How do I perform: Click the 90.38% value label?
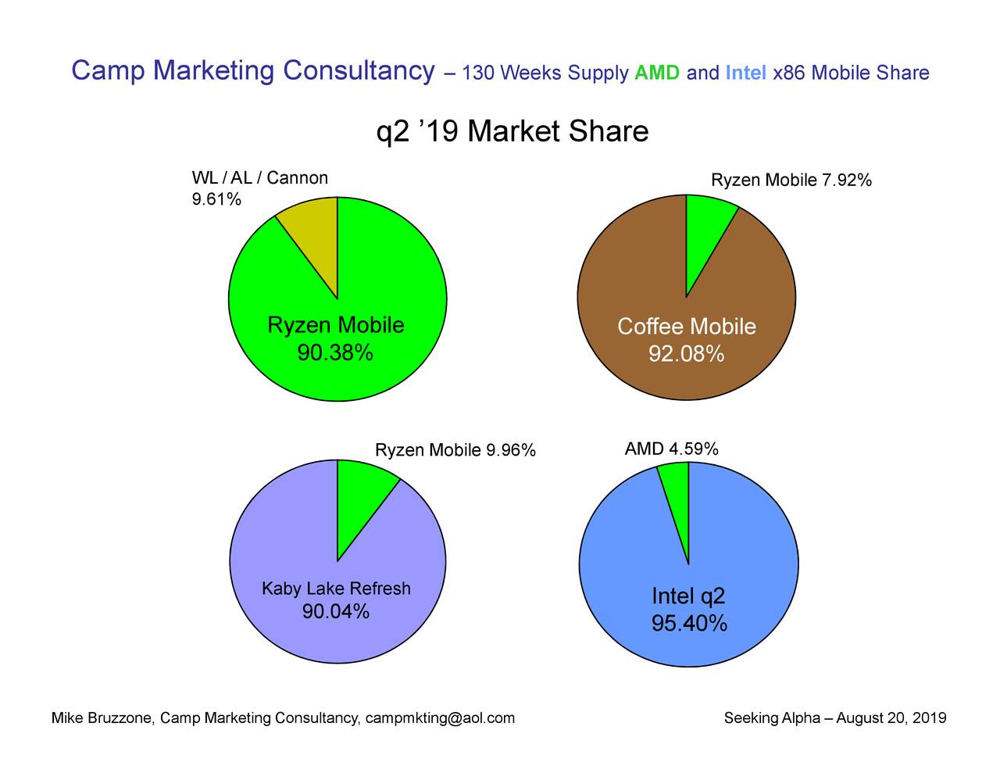coord(335,354)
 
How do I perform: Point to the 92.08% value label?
coord(686,355)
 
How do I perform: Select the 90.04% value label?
coord(336,612)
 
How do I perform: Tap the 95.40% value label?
coord(689,624)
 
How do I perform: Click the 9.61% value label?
coord(216,200)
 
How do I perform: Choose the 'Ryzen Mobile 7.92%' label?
coord(791,181)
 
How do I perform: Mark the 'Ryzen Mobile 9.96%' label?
coord(455,450)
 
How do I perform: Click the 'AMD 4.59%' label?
coord(671,449)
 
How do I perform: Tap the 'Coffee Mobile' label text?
coord(686,327)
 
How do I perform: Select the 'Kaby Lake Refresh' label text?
coord(336,589)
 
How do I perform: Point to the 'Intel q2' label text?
coord(688,597)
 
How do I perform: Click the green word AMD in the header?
coord(657,74)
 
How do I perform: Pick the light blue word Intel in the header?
coord(745,74)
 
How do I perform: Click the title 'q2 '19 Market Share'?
coord(512,131)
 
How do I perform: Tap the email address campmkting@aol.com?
coord(440,718)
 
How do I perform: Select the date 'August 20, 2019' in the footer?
coord(891,718)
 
